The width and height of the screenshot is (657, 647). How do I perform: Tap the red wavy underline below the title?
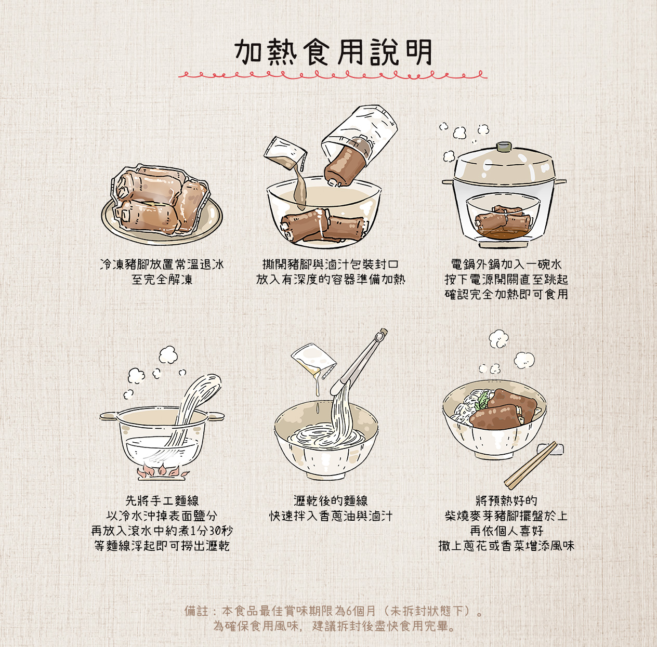tap(333, 75)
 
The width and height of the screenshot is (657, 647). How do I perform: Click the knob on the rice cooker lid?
tap(504, 147)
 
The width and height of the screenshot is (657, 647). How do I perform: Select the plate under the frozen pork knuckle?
tap(162, 229)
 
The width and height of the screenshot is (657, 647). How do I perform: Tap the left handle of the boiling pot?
tap(109, 416)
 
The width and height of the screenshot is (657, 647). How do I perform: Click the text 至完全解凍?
tap(162, 280)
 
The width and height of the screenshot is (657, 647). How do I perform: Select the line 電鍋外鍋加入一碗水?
tap(506, 265)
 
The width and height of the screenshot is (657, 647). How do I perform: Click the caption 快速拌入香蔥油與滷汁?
tap(331, 516)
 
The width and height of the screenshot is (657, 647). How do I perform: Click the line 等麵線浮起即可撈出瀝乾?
tap(162, 546)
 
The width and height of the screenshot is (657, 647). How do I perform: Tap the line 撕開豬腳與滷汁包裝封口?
tap(331, 265)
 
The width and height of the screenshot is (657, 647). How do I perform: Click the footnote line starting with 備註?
tap(333, 611)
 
